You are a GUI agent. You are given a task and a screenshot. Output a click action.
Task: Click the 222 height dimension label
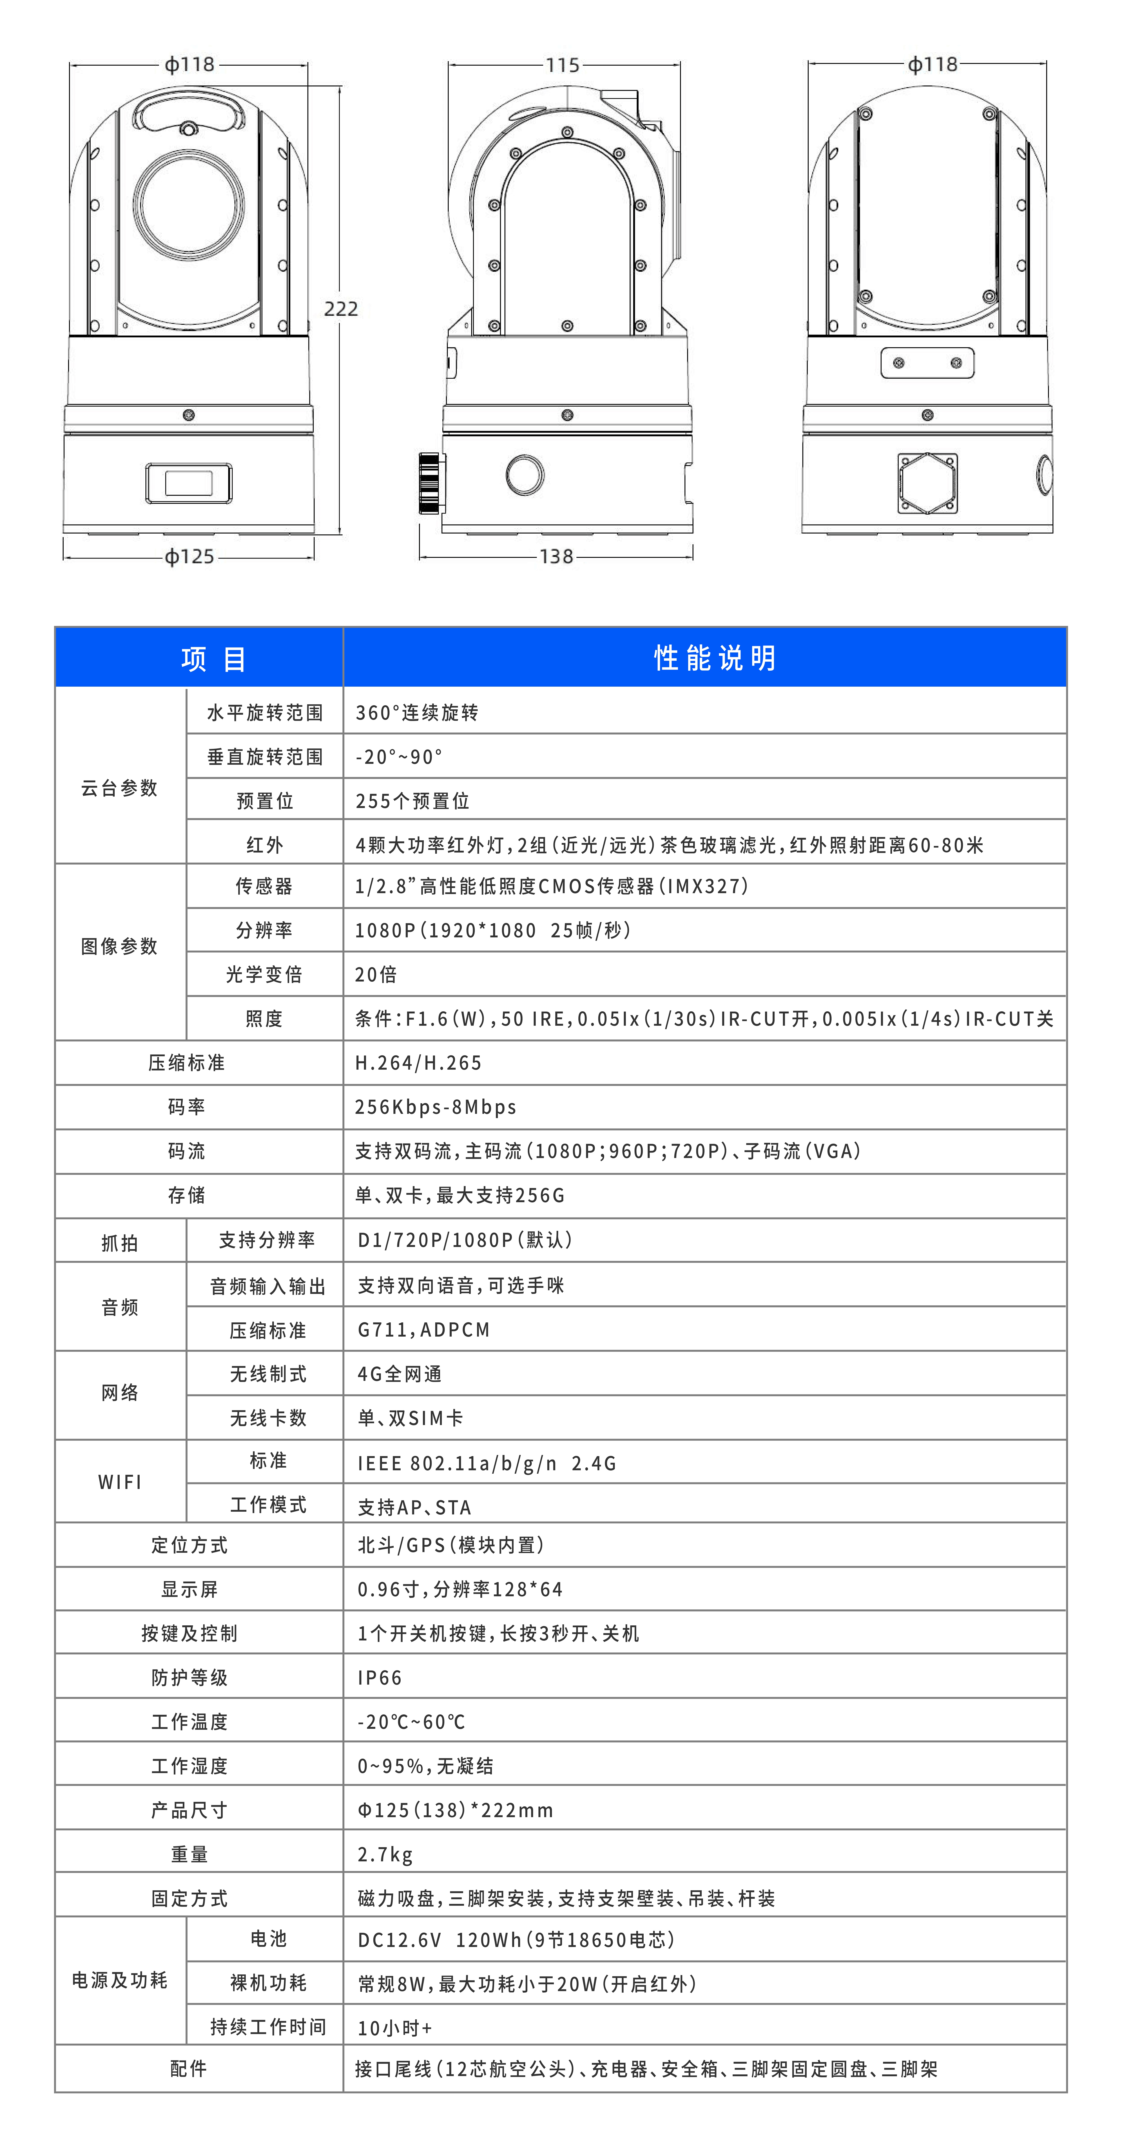coord(341,309)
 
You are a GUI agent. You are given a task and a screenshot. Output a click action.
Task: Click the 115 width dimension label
coord(563,65)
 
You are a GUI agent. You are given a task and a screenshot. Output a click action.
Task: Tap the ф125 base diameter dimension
coord(189,556)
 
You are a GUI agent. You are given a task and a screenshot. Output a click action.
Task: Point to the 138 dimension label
coord(556,556)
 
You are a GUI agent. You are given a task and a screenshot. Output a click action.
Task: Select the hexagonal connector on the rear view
coord(928,483)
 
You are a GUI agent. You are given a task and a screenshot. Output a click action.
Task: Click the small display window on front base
coord(189,483)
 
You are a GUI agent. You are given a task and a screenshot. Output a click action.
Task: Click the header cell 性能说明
coord(714,658)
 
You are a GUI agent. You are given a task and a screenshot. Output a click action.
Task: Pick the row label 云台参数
coord(119,788)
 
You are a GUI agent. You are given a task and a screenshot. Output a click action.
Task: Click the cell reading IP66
coord(380,1677)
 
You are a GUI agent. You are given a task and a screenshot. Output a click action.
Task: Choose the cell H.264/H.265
coord(418,1063)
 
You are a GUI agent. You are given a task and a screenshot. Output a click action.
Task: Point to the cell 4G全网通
coord(400,1374)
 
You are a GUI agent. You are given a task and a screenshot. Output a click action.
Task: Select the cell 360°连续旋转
coord(416,713)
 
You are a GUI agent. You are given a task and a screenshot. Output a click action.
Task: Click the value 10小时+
coord(395,2028)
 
